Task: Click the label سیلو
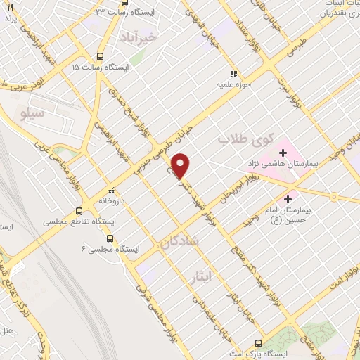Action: click(x=33, y=112)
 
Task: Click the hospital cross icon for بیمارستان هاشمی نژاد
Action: click(x=283, y=153)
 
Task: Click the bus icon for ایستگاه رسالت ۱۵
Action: click(x=100, y=56)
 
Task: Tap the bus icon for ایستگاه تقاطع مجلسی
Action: click(x=79, y=210)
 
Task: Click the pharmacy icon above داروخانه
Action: click(x=110, y=190)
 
